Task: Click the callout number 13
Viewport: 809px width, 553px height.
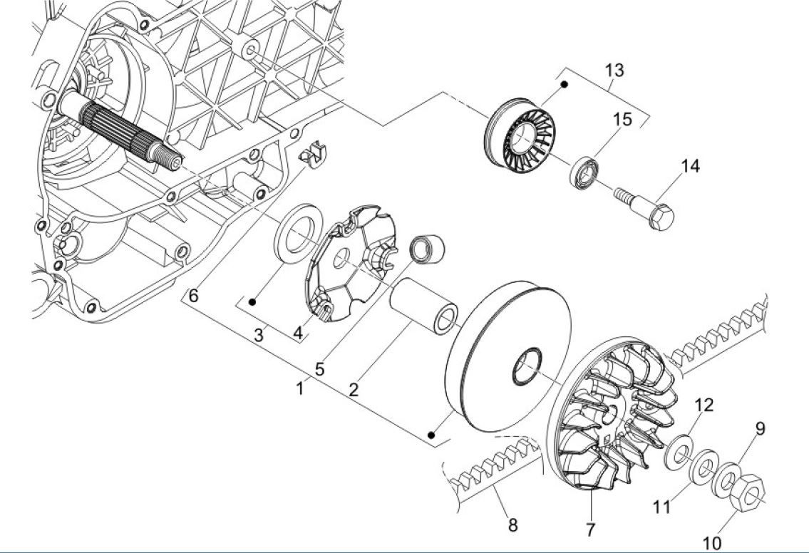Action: tap(614, 70)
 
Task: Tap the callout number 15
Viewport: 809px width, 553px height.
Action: tap(623, 119)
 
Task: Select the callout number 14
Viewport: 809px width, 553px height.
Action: tap(690, 166)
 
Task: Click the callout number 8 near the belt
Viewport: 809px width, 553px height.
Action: tap(512, 526)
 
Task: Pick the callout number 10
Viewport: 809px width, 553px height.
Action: tap(713, 544)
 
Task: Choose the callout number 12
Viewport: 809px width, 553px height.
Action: tap(704, 405)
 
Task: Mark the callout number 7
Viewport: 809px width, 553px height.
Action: tap(590, 530)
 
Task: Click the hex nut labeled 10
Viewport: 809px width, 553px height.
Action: tap(748, 492)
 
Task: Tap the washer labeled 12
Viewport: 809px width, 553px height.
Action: tap(680, 451)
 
